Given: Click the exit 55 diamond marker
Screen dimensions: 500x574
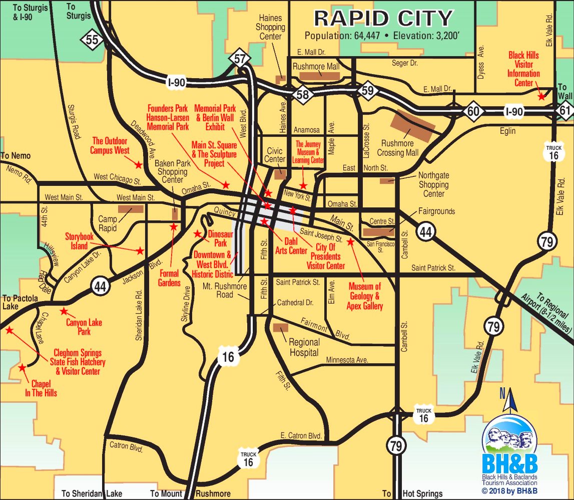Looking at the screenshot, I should (92, 41).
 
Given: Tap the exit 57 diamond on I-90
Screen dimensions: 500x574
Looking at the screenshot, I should (240, 59).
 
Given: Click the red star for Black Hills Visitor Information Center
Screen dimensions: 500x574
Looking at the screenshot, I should (541, 96).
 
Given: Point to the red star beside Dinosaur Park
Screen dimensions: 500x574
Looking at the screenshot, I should (198, 234).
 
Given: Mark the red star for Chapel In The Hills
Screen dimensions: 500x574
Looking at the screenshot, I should (22, 368).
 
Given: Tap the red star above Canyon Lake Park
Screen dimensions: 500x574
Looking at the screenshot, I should (64, 311).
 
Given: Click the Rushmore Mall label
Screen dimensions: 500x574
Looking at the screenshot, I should (316, 66).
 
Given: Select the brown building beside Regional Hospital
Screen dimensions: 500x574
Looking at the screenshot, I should (281, 328).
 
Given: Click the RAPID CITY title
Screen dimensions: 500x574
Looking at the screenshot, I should (383, 19).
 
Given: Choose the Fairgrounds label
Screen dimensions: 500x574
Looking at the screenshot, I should (436, 211).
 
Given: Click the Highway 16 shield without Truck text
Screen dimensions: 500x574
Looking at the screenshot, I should (226, 357).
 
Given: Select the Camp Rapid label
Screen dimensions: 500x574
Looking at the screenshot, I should (108, 223).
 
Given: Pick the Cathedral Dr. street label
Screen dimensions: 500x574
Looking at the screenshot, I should (295, 303).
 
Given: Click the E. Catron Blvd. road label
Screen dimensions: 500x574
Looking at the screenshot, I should (301, 435).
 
